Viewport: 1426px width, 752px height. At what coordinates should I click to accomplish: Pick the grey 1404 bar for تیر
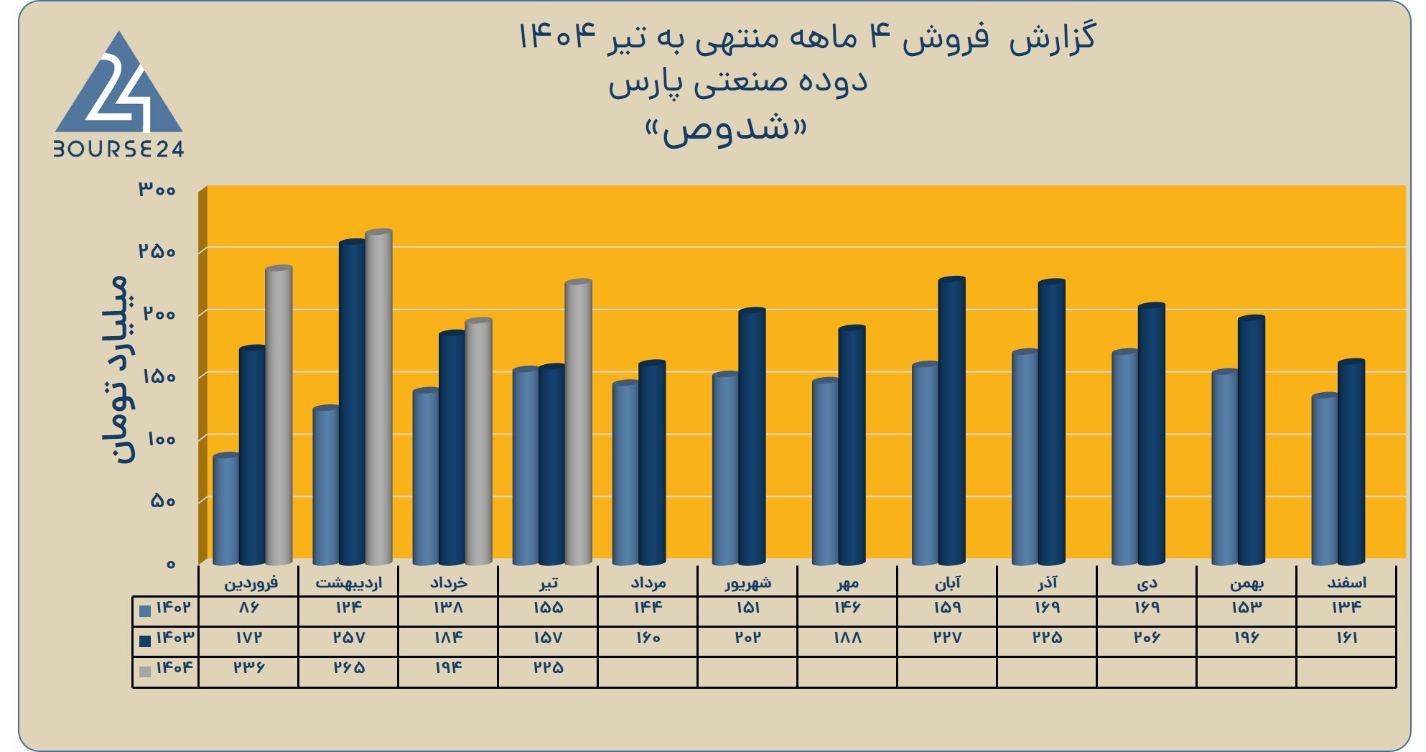(x=579, y=422)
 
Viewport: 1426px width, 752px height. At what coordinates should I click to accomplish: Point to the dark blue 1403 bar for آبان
(x=952, y=421)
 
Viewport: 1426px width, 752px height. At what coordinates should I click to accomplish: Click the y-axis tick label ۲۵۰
(x=157, y=251)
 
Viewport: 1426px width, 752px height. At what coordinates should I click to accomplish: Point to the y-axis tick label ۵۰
(x=163, y=501)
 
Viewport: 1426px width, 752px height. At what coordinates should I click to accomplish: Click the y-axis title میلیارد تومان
(x=115, y=369)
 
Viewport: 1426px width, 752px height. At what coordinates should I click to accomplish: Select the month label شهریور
(x=748, y=582)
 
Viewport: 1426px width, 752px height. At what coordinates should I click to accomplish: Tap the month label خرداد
(x=449, y=582)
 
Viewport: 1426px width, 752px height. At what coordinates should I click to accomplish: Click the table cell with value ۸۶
(x=248, y=608)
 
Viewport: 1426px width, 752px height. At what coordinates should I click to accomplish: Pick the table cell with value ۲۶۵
(x=349, y=668)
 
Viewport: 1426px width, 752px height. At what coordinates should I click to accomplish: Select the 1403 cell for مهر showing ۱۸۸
(x=847, y=638)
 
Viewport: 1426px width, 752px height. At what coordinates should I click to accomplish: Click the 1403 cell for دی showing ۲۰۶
(x=1147, y=638)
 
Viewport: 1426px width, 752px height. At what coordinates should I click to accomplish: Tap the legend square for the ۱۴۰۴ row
(x=145, y=672)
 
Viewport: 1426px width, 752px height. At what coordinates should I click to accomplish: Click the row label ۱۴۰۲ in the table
(x=174, y=608)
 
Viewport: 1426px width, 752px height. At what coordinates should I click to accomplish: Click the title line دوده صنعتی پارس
(x=738, y=83)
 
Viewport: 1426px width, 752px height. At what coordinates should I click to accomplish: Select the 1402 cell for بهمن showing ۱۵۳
(x=1246, y=608)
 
